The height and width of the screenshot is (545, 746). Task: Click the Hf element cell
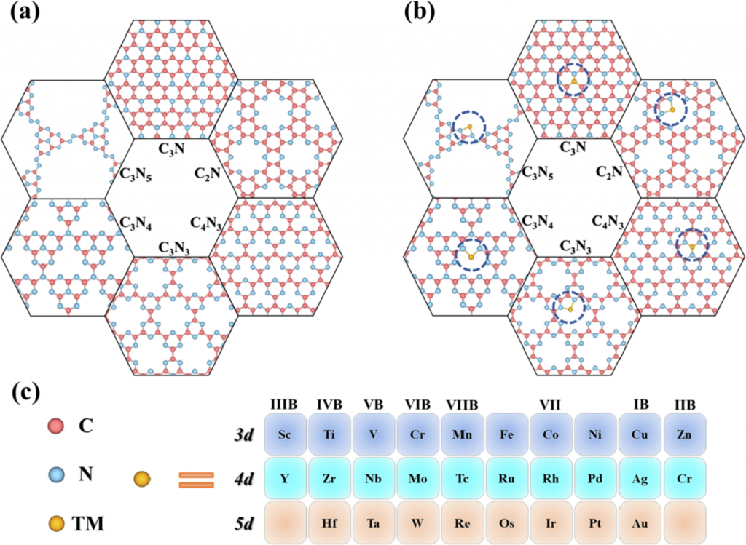(329, 522)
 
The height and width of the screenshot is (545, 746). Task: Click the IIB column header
(684, 405)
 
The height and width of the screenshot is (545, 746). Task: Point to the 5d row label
(244, 522)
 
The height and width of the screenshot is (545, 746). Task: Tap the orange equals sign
(197, 480)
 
